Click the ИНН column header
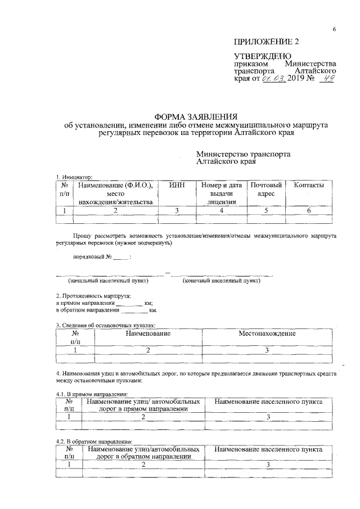[176, 185]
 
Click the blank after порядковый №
[121, 258]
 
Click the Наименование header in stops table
[148, 334]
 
